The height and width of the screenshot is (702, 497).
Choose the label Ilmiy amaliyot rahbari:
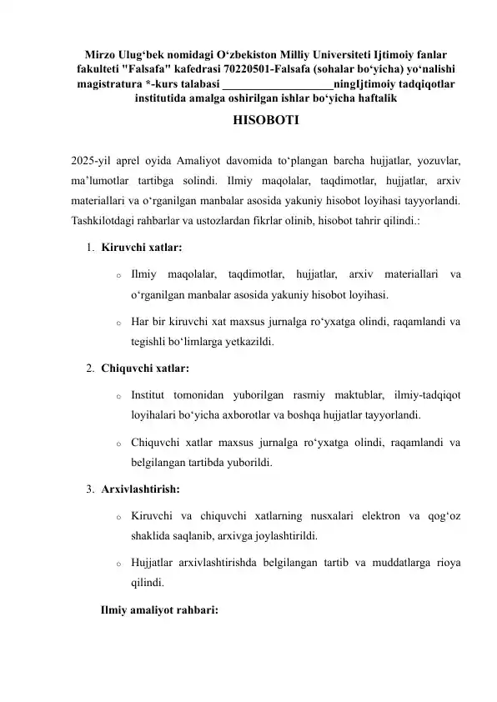[x=159, y=609]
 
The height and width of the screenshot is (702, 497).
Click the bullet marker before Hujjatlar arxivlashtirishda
[x=120, y=564]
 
